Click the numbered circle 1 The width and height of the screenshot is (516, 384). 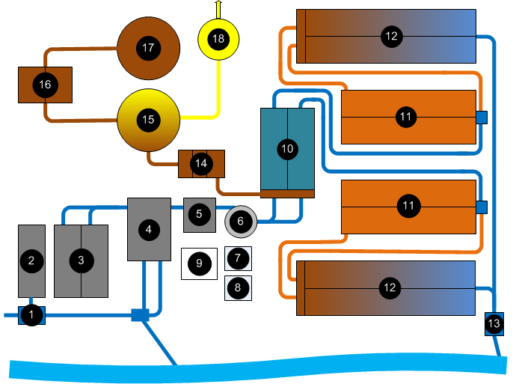(x=31, y=315)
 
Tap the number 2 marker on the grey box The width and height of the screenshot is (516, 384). (x=31, y=260)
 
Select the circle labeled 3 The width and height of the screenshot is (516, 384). (x=81, y=260)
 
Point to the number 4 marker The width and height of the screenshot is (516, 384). (x=149, y=230)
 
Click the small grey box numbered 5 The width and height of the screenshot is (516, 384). (x=199, y=214)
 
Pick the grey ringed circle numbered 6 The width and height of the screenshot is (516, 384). (x=241, y=221)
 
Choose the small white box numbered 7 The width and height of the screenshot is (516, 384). (x=238, y=258)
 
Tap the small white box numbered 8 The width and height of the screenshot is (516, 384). (x=238, y=287)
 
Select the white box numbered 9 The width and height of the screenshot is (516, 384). (x=199, y=263)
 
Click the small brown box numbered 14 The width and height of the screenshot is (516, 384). (x=201, y=163)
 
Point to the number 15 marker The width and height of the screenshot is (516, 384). (x=149, y=119)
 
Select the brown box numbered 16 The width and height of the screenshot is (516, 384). (x=45, y=85)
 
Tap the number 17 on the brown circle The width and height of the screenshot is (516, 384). (x=148, y=47)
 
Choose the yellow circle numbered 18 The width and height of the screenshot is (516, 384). (x=218, y=38)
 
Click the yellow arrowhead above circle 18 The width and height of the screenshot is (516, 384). (x=218, y=4)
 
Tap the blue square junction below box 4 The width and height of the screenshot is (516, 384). (x=140, y=315)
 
